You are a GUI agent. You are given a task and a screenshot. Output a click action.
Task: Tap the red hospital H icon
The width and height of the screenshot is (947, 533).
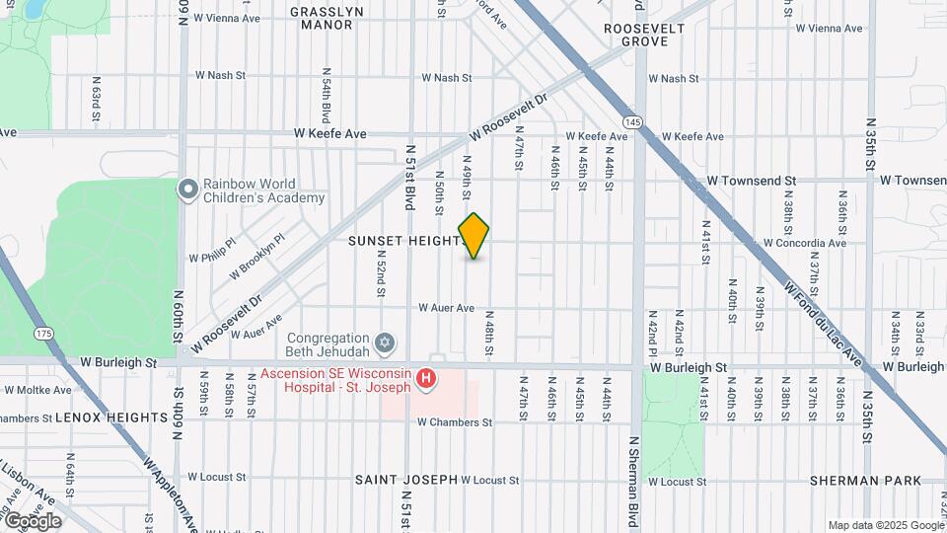click(426, 378)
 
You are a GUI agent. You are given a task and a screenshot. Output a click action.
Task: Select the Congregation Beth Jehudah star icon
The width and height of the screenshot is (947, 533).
click(385, 343)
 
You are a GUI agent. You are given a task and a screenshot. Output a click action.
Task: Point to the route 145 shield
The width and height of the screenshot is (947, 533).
click(633, 121)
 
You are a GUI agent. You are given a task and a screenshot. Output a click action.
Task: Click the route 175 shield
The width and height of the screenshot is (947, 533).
click(42, 335)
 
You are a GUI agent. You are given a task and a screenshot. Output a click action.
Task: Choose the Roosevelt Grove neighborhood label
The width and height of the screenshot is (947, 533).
click(644, 35)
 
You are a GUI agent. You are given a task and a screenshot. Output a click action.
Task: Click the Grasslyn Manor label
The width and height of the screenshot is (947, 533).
click(327, 19)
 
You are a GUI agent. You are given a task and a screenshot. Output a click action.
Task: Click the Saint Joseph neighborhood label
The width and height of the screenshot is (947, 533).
click(406, 480)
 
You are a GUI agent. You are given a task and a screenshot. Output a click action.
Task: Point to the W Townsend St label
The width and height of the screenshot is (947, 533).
click(752, 181)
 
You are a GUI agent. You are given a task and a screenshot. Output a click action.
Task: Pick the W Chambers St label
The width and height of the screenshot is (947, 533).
click(454, 422)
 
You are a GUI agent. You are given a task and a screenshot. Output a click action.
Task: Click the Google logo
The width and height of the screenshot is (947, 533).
click(32, 520)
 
